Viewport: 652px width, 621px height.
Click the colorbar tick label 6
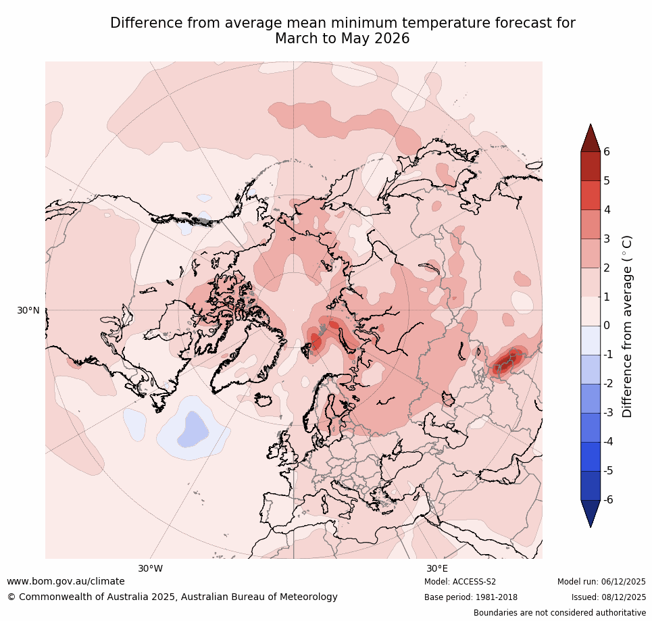pyautogui.click(x=606, y=152)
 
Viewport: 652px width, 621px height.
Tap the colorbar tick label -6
pyautogui.click(x=608, y=500)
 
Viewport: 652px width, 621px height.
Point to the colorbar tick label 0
pyautogui.click(x=606, y=326)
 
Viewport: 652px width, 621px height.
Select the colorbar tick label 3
pyautogui.click(x=606, y=239)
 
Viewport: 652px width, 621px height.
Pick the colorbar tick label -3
pyautogui.click(x=608, y=413)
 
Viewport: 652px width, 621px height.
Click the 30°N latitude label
pyautogui.click(x=28, y=310)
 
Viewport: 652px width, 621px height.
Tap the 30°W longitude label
pyautogui.click(x=150, y=568)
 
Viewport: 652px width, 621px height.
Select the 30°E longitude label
pyautogui.click(x=436, y=568)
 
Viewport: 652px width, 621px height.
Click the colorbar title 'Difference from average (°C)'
pyautogui.click(x=628, y=326)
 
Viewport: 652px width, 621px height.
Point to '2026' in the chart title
pyautogui.click(x=392, y=39)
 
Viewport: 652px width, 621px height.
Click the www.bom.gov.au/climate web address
pyautogui.click(x=66, y=581)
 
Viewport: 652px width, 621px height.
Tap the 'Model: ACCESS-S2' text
pyautogui.click(x=460, y=582)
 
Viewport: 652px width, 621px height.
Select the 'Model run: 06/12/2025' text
pyautogui.click(x=601, y=582)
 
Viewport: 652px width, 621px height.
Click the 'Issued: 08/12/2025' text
pyautogui.click(x=608, y=597)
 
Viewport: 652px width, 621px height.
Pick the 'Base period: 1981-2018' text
pyautogui.click(x=471, y=597)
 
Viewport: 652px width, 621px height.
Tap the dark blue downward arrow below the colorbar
pyautogui.click(x=591, y=512)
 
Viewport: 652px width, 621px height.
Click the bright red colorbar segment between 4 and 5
pyautogui.click(x=591, y=195)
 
